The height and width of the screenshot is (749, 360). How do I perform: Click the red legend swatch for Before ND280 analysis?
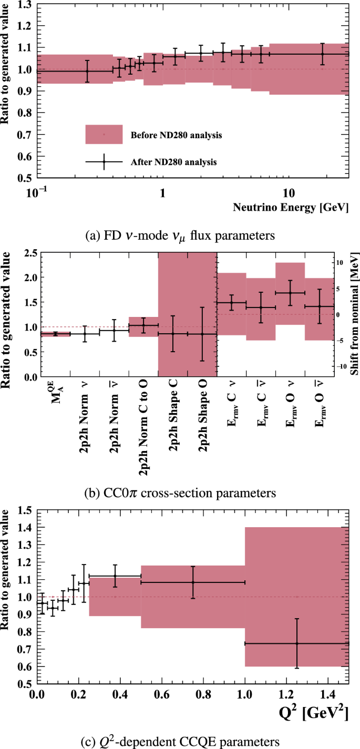[104, 135]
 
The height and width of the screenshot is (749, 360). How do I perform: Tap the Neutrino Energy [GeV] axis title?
[291, 207]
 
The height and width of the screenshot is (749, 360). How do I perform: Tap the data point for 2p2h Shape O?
[202, 334]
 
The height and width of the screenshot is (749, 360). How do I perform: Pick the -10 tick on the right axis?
[341, 366]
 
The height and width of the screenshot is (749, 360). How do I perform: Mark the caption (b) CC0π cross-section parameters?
[180, 494]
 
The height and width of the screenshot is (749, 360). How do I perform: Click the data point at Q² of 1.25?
[296, 643]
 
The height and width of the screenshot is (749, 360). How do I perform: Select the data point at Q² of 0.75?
[193, 582]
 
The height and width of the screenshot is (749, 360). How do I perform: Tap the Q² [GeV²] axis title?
[314, 714]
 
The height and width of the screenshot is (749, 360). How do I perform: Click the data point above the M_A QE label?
[55, 334]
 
